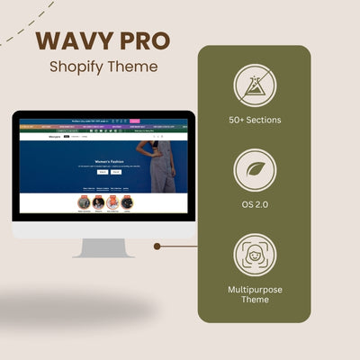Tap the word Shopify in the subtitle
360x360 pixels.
tap(78, 67)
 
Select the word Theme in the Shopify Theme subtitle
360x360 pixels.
tap(135, 67)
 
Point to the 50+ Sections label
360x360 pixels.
tap(255, 121)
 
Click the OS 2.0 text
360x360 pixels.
tap(255, 206)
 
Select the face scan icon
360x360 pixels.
tap(254, 254)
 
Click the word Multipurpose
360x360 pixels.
tap(255, 287)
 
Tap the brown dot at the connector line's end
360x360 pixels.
tap(157, 245)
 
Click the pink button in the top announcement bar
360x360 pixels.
tap(135, 121)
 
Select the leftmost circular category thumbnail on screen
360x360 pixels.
tap(84, 202)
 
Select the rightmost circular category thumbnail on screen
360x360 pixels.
tap(127, 202)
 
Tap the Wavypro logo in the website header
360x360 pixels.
tap(52, 136)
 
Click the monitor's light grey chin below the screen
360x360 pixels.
tap(103, 229)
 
